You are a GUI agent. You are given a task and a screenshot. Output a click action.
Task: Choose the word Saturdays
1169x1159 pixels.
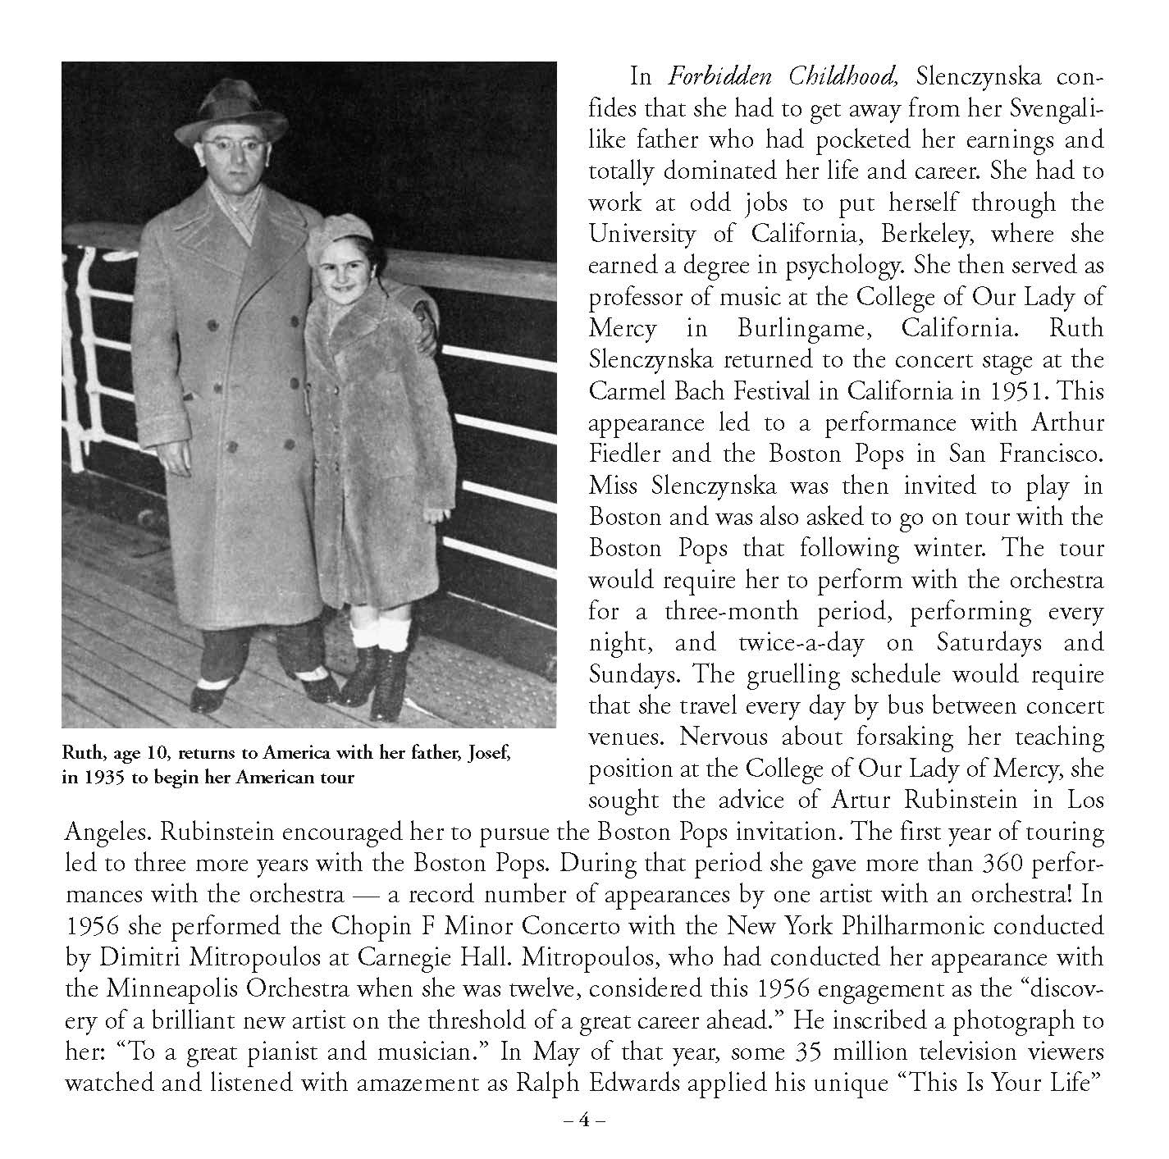point(966,642)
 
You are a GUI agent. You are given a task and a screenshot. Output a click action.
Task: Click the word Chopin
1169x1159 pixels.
point(368,928)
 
